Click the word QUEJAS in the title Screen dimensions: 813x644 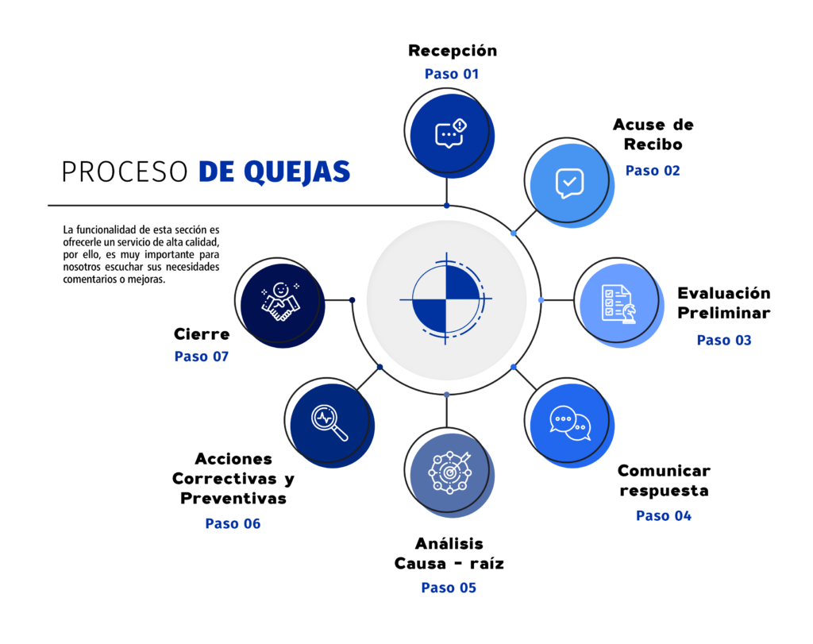(297, 172)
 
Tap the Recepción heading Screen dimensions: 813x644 (453, 50)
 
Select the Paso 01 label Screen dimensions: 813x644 (452, 74)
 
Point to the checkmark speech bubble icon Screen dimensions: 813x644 (569, 183)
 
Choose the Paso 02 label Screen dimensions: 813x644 (653, 171)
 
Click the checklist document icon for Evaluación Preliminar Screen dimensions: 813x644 (618, 304)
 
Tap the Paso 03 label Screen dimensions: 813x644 (724, 340)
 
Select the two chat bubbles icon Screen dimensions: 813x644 (570, 423)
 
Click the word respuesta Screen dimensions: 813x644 (664, 491)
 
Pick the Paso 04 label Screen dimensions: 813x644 (664, 516)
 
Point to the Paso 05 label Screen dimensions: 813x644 (449, 588)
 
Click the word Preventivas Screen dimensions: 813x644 (233, 499)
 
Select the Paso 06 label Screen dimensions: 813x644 (233, 524)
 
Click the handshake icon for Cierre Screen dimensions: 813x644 (280, 302)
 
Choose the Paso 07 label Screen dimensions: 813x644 (201, 357)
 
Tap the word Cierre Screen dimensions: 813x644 (202, 334)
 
